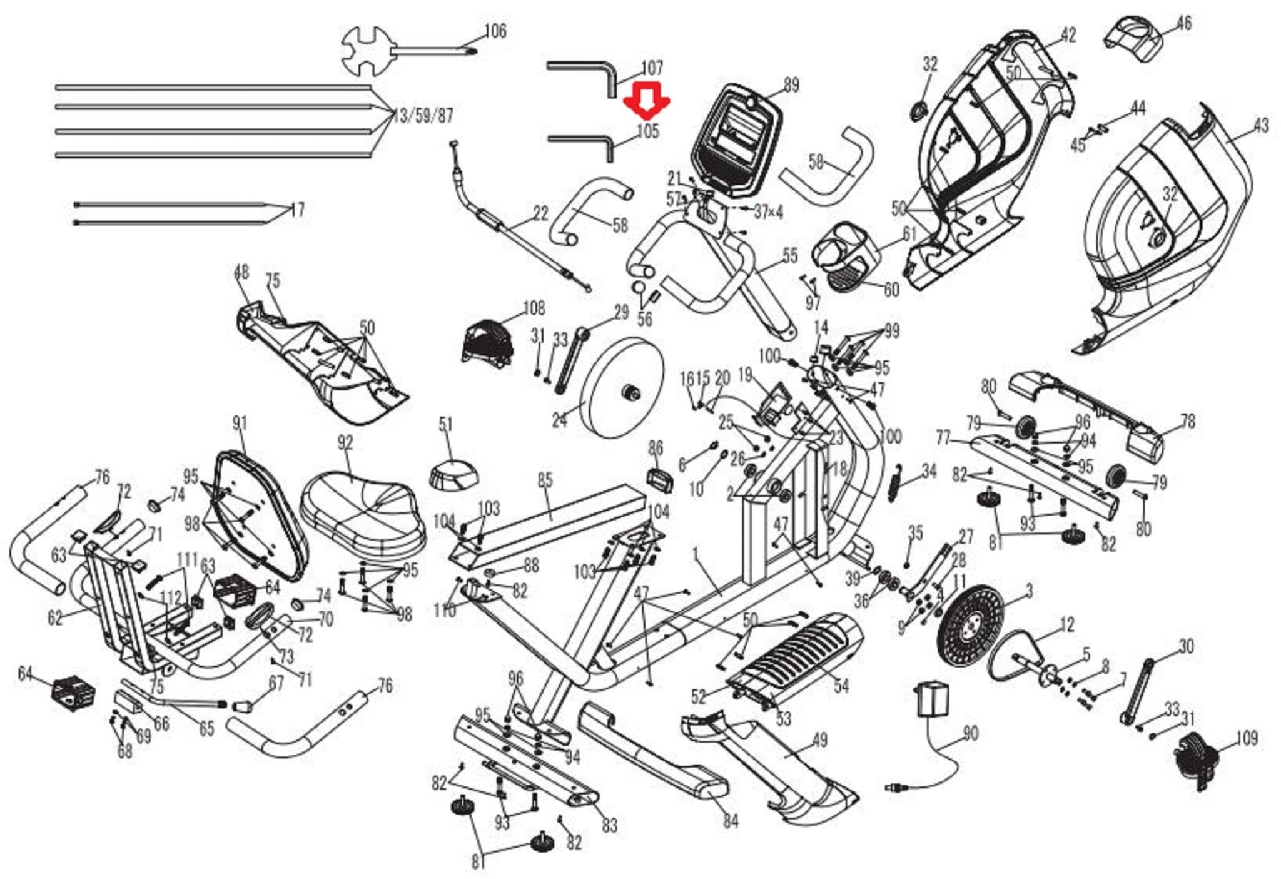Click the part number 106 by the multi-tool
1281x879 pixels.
495,31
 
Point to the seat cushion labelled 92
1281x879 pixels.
362,507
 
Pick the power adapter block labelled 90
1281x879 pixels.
933,699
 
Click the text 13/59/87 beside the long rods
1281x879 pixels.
423,116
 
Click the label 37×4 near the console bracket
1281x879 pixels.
768,212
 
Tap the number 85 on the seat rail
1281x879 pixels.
545,480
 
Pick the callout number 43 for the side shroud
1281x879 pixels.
1261,126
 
